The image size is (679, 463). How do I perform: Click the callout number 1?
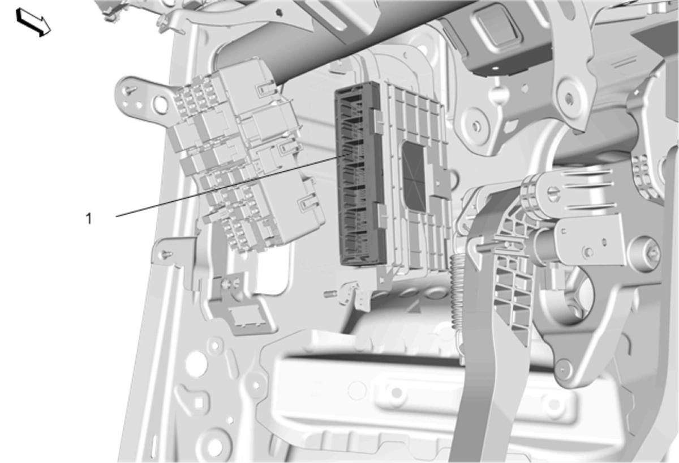(x=88, y=219)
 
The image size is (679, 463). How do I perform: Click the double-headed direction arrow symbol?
(x=33, y=23)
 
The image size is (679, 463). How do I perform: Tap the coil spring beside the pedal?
(x=457, y=291)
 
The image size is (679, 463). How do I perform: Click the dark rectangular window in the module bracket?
(x=414, y=176)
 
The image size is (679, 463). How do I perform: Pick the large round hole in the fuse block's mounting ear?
(x=160, y=105)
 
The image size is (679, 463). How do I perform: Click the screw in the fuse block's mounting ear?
(x=131, y=90)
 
